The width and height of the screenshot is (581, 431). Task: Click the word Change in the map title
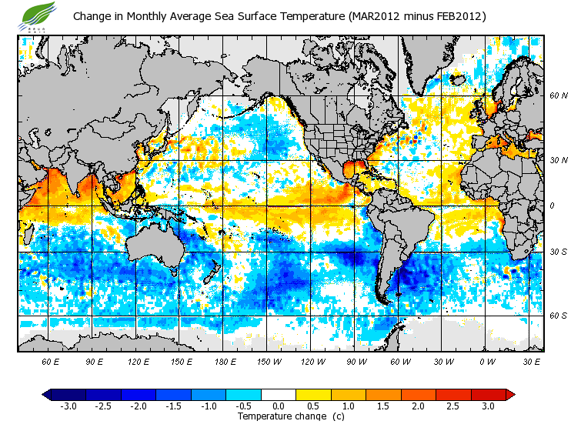pyautogui.click(x=92, y=16)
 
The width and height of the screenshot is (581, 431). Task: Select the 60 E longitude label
pyautogui.click(x=50, y=361)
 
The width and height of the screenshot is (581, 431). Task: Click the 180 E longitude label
pyautogui.click(x=225, y=361)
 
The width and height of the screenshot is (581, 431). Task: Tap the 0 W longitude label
pyautogui.click(x=489, y=361)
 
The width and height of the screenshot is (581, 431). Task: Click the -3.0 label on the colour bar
pyautogui.click(x=68, y=406)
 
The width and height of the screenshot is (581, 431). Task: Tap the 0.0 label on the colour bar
pyautogui.click(x=279, y=406)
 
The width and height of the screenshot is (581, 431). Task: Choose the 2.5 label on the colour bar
pyautogui.click(x=454, y=406)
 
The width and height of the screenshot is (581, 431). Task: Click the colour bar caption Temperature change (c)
pyautogui.click(x=280, y=416)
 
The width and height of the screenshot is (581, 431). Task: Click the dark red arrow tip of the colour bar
pyautogui.click(x=510, y=394)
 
